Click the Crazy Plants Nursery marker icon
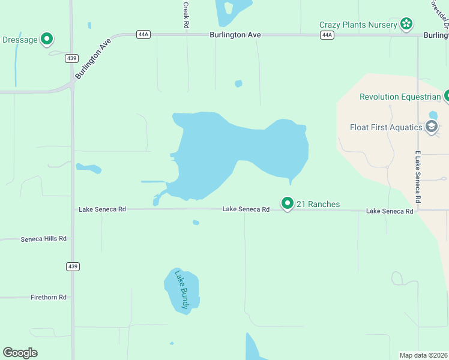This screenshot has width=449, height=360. click(406, 24)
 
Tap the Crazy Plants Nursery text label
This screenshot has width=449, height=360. click(358, 25)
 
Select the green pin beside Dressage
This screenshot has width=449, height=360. click(46, 40)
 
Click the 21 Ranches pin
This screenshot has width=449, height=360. click(288, 204)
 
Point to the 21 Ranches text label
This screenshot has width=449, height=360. click(318, 205)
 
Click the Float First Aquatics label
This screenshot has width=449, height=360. click(387, 127)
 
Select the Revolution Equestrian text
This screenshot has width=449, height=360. click(400, 97)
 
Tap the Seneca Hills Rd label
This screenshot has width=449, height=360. click(43, 239)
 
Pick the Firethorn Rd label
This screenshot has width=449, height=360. click(49, 297)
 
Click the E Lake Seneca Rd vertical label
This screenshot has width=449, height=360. click(418, 176)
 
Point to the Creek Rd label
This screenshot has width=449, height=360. click(186, 16)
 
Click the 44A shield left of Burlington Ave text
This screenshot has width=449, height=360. click(143, 35)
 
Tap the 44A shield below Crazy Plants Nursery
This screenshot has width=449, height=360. click(327, 35)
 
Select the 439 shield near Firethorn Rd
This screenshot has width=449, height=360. click(73, 266)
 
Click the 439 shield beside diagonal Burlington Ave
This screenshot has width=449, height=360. click(71, 58)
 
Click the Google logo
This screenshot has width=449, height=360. click(20, 353)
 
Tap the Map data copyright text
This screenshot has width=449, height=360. click(423, 355)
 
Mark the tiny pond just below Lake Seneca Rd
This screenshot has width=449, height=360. click(196, 223)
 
